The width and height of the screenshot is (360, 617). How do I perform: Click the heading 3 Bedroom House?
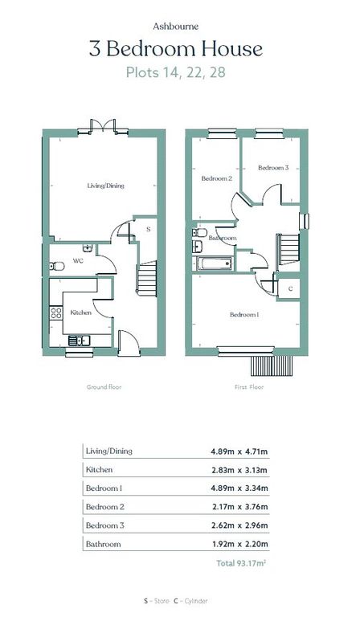click(180, 49)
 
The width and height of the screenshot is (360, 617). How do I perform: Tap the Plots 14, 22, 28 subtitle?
click(180, 72)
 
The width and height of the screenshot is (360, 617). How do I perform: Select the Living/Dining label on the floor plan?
click(105, 186)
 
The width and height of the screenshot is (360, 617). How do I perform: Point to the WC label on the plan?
click(79, 260)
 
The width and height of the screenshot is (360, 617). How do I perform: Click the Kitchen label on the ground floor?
click(81, 312)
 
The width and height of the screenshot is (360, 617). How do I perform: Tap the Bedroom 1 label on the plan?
click(244, 315)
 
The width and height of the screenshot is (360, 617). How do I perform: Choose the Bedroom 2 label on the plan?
click(216, 178)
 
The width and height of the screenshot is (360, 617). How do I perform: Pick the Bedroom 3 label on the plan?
click(272, 168)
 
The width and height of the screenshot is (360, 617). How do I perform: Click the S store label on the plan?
click(147, 230)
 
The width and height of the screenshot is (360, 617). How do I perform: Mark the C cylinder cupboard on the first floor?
click(289, 288)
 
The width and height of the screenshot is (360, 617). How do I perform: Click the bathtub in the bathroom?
click(213, 263)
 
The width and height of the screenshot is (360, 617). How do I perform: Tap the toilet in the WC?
click(54, 266)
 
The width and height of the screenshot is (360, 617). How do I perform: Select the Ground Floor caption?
click(104, 386)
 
